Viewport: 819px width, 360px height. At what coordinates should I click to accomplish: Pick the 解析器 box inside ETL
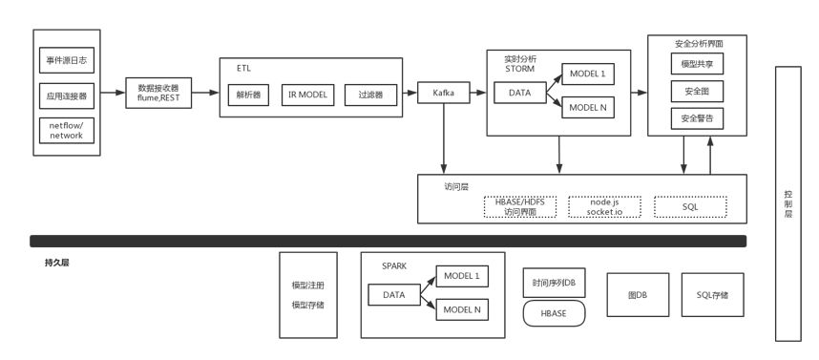point(248,95)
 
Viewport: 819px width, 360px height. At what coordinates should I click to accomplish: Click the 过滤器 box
point(369,95)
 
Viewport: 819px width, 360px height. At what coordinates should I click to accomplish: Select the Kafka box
point(444,94)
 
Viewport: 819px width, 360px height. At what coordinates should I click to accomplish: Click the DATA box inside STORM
point(519,94)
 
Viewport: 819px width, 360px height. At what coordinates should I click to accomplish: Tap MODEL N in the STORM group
point(587,107)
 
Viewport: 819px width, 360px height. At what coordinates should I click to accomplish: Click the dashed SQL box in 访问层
point(690,206)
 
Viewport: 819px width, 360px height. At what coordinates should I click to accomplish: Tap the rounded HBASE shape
point(554,312)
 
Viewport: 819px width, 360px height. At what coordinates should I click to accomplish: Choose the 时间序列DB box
point(554,283)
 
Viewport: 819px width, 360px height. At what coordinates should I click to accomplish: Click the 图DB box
point(637,296)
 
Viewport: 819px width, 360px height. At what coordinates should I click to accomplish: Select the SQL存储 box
point(711,296)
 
